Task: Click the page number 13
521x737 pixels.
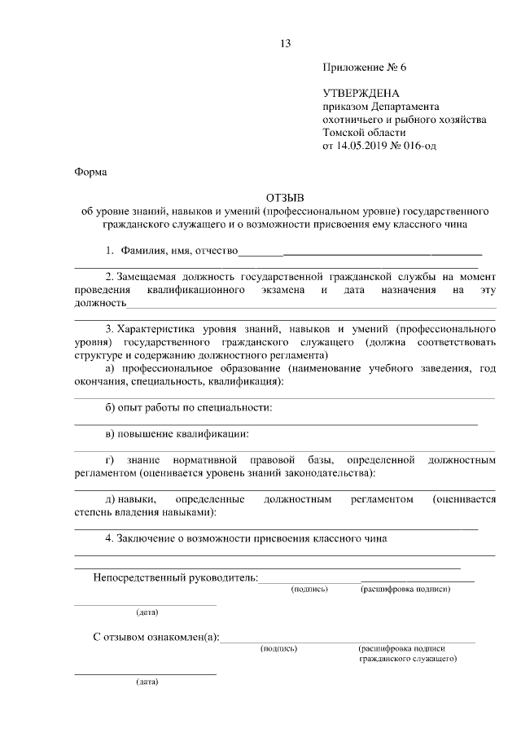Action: [x=283, y=43]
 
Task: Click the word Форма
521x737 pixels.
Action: [x=90, y=172]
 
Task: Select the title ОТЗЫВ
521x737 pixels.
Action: [x=284, y=197]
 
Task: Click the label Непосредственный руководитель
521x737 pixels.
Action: [x=174, y=577]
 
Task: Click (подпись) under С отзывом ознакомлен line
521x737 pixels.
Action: [x=278, y=648]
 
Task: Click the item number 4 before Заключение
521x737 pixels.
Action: [x=109, y=537]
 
